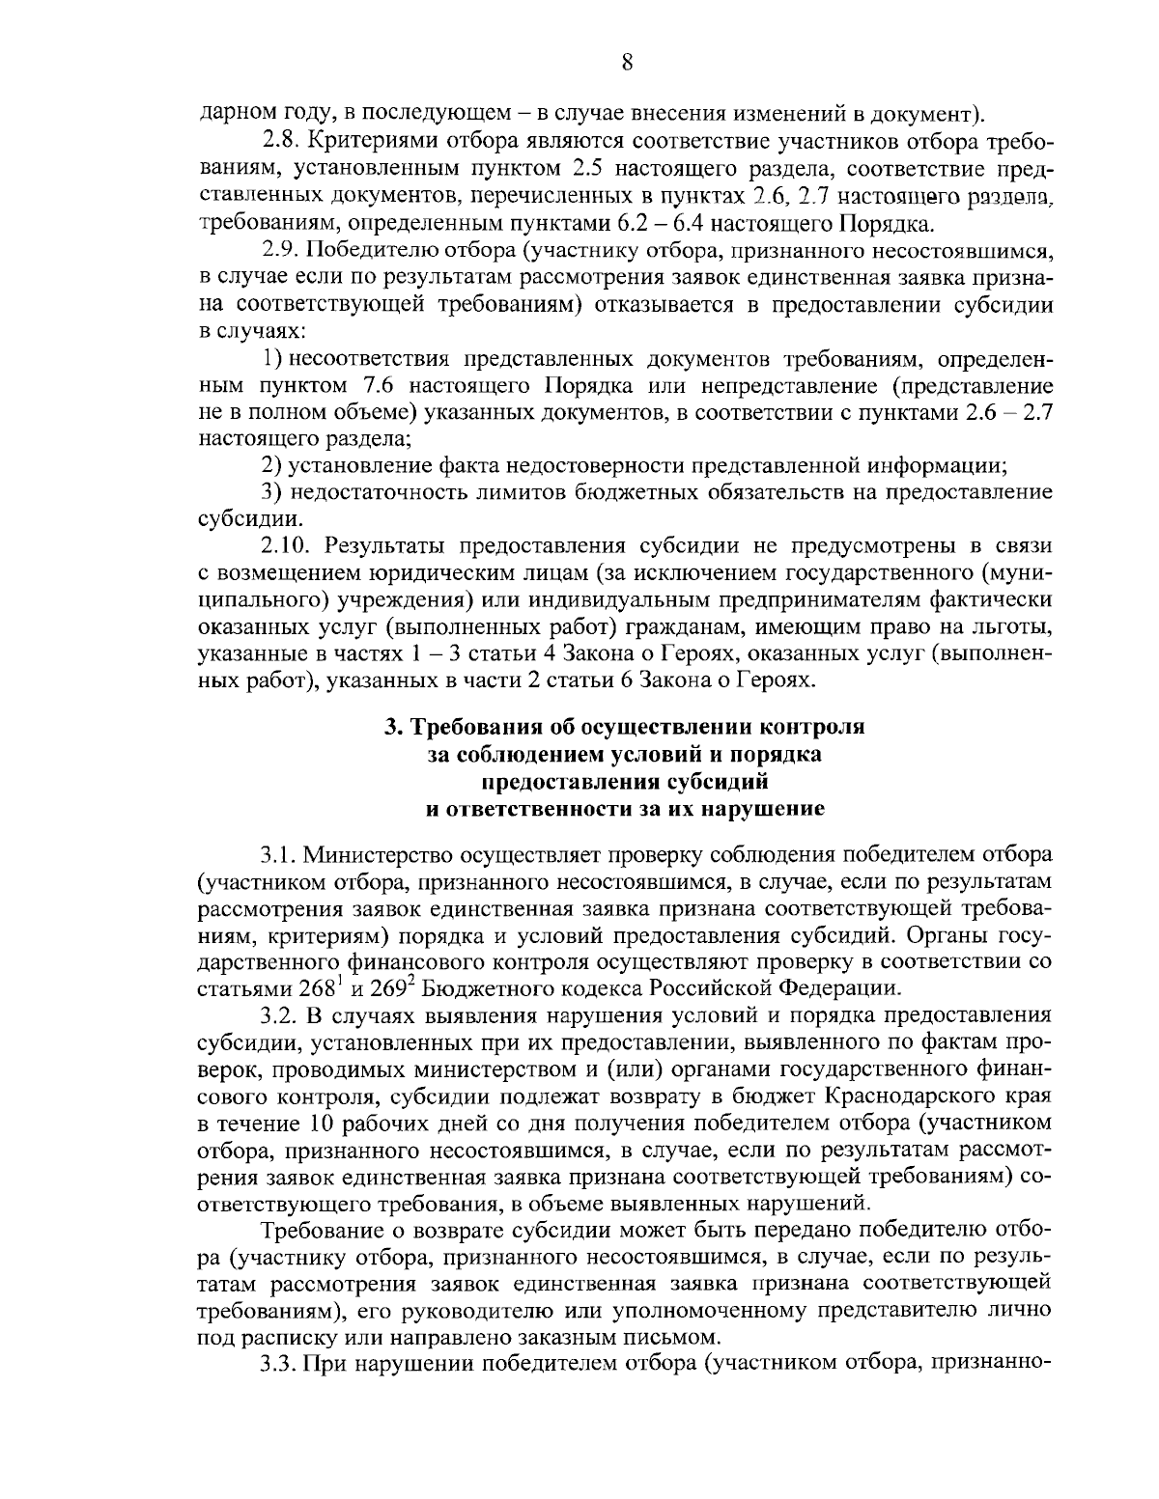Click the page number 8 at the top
626,64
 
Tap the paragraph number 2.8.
281,143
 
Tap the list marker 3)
271,492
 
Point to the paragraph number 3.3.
279,1365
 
